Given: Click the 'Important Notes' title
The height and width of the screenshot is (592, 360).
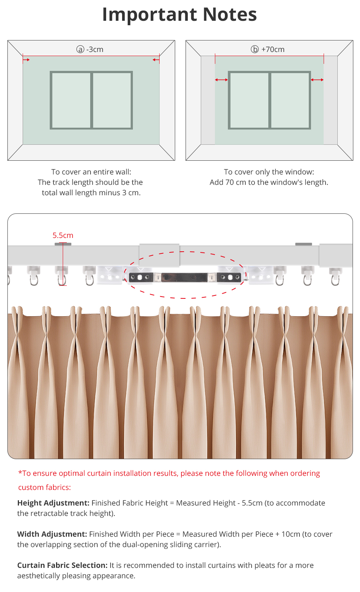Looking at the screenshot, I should pos(180,15).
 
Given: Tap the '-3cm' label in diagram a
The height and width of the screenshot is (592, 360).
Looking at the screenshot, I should pos(95,49).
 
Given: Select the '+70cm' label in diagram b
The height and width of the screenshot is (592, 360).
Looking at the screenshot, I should pos(273,49).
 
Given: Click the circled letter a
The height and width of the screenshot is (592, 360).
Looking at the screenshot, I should pos(80,49).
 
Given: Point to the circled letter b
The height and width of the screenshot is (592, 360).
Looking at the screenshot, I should pos(255,49).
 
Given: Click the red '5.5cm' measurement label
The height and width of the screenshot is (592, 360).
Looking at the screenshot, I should pos(63,235).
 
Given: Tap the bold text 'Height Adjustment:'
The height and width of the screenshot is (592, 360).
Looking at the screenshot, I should pos(53,503).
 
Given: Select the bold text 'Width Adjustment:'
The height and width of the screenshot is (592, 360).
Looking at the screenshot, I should pos(52,534).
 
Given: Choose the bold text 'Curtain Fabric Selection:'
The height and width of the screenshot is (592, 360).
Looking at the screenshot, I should pos(62,565).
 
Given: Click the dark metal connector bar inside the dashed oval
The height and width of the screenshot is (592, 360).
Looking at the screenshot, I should pos(184,277).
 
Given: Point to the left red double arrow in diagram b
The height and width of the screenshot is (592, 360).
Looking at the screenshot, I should pos(222,80).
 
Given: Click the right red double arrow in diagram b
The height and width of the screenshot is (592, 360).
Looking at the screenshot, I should pos(317,80).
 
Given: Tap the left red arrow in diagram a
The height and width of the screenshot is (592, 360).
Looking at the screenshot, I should pos(26,59).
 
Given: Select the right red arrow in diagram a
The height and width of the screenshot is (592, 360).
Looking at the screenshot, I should pos(156,59).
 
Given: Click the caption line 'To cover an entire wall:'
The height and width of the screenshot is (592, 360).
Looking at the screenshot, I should pos(91,172).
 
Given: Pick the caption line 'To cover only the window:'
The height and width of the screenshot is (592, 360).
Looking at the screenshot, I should pos(269,172).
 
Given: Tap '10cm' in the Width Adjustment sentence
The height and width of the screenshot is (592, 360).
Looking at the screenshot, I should pos(291,534).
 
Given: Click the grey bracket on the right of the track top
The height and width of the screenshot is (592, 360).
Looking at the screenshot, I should pos(304,244).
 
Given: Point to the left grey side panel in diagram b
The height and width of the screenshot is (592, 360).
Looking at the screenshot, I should pos(208,100).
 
